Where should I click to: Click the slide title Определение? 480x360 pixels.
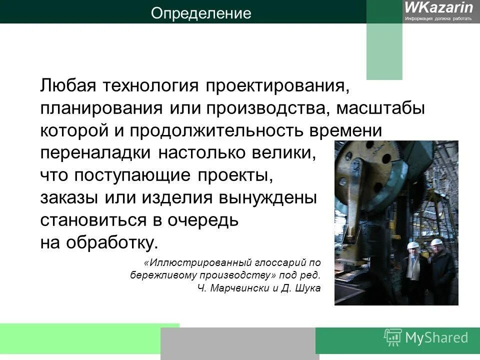(201, 13)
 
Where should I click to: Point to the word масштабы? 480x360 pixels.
(380, 108)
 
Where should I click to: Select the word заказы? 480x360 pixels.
(69, 198)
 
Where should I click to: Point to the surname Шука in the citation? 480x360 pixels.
(306, 288)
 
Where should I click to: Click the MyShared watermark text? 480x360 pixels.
(436, 337)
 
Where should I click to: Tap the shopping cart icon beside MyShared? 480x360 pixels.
(393, 337)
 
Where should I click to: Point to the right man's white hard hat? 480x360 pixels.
(435, 242)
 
